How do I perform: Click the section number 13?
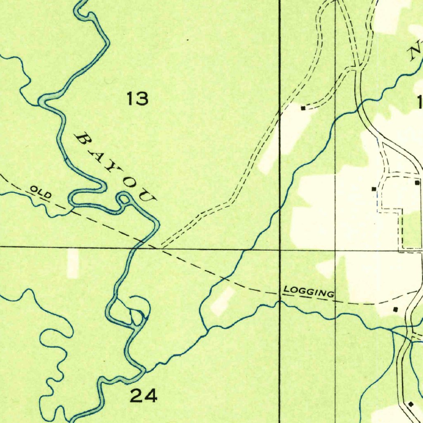point(138,99)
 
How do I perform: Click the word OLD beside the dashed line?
point(40,192)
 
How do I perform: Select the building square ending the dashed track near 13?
point(303,108)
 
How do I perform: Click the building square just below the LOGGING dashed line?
point(395,309)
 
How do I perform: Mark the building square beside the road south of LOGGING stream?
point(411,404)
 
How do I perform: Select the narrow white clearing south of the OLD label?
point(73,263)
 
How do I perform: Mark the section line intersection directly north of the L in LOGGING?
point(280,250)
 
